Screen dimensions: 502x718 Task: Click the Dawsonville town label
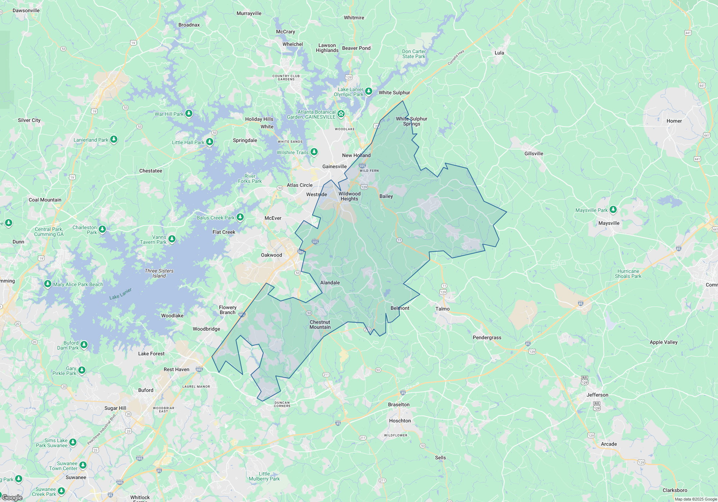pyautogui.click(x=26, y=10)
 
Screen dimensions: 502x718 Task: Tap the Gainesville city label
pyautogui.click(x=334, y=166)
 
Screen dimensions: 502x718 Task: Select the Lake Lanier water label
pyautogui.click(x=120, y=294)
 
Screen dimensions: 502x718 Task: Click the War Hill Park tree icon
pyautogui.click(x=189, y=114)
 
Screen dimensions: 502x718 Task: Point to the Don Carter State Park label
pyautogui.click(x=414, y=54)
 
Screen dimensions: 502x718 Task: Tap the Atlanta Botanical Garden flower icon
pyautogui.click(x=341, y=114)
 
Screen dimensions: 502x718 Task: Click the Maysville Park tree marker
pyautogui.click(x=613, y=209)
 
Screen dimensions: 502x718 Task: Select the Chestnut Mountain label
pyautogui.click(x=320, y=325)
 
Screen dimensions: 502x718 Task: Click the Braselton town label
pyautogui.click(x=398, y=404)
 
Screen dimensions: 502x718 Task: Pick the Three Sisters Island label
pyautogui.click(x=159, y=273)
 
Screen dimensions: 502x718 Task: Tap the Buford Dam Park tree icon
pyautogui.click(x=84, y=345)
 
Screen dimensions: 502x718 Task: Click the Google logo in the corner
pyautogui.click(x=12, y=497)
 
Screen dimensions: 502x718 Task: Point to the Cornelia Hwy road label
pyautogui.click(x=456, y=57)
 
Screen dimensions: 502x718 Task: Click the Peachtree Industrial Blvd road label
pyautogui.click(x=102, y=429)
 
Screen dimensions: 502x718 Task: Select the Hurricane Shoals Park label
pyautogui.click(x=628, y=274)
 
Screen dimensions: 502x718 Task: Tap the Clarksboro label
pyautogui.click(x=675, y=490)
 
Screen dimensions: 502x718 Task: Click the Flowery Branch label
pyautogui.click(x=228, y=310)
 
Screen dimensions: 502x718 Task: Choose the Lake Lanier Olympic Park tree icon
pyautogui.click(x=368, y=91)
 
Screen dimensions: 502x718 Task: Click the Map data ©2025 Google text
pyautogui.click(x=695, y=499)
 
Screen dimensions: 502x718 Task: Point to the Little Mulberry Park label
pyautogui.click(x=264, y=476)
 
